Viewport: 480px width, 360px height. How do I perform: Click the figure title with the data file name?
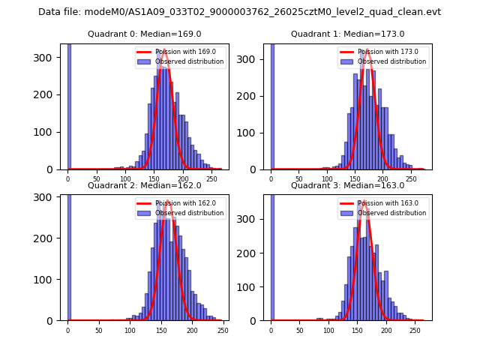point(239,12)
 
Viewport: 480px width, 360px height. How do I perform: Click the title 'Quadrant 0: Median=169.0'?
point(144,34)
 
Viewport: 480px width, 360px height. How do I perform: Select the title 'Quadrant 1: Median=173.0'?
point(347,34)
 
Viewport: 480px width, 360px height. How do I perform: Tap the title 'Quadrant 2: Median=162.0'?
point(144,185)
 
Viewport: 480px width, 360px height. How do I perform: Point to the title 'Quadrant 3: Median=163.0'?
point(347,185)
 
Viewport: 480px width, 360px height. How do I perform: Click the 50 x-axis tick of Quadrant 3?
point(299,330)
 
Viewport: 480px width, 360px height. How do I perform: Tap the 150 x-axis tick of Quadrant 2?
point(130,330)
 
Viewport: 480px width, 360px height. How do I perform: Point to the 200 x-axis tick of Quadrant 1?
point(382,179)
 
